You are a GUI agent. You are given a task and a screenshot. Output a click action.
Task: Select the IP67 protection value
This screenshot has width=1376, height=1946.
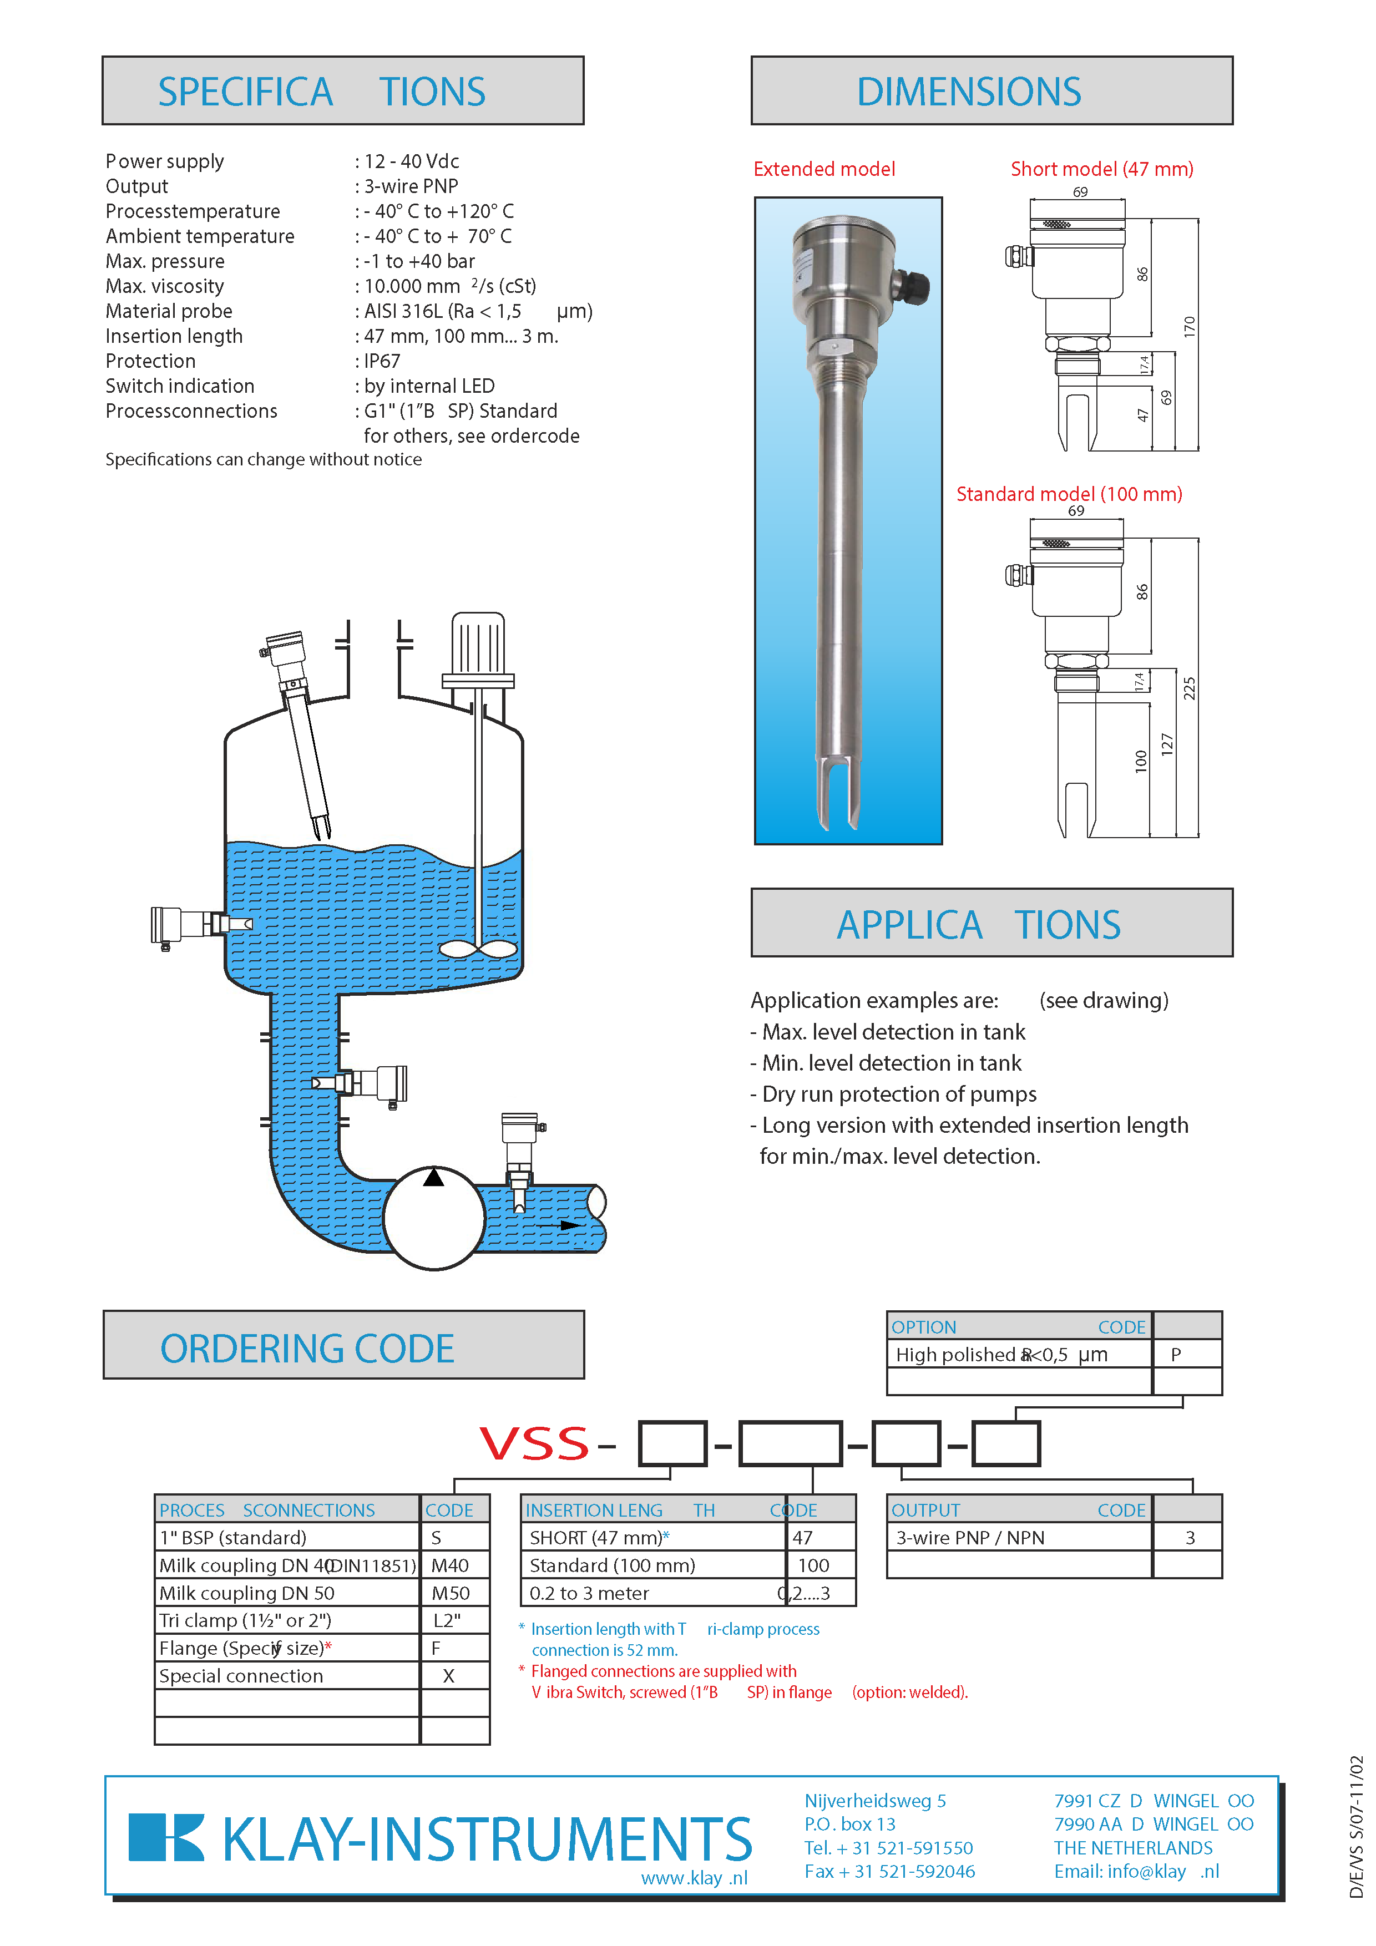point(382,361)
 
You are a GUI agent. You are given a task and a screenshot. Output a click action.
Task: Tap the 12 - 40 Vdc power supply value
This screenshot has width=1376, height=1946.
point(411,161)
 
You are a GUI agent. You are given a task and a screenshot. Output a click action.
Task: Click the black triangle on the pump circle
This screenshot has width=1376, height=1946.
point(433,1177)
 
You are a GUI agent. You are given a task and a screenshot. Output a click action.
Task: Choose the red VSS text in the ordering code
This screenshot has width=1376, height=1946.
point(534,1443)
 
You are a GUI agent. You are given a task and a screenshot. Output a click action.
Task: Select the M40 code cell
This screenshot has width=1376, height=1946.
point(450,1565)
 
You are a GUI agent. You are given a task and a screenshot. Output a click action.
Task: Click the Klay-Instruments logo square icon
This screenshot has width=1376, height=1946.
point(166,1837)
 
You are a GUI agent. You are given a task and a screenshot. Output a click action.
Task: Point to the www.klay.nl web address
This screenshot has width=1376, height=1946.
point(694,1877)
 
